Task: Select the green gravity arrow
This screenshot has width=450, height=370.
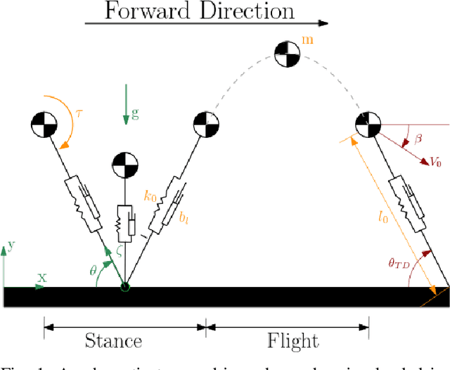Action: [x=125, y=104]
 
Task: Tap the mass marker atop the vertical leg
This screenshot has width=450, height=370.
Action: [x=125, y=165]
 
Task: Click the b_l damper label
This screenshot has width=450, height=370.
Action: [x=184, y=219]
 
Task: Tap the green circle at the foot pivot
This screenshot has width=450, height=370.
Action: [x=125, y=286]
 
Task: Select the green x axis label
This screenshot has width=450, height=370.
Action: [x=41, y=276]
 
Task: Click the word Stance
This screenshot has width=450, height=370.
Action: [x=113, y=341]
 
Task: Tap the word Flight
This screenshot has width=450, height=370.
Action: [x=292, y=341]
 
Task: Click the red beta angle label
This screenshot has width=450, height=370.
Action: [x=420, y=141]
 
